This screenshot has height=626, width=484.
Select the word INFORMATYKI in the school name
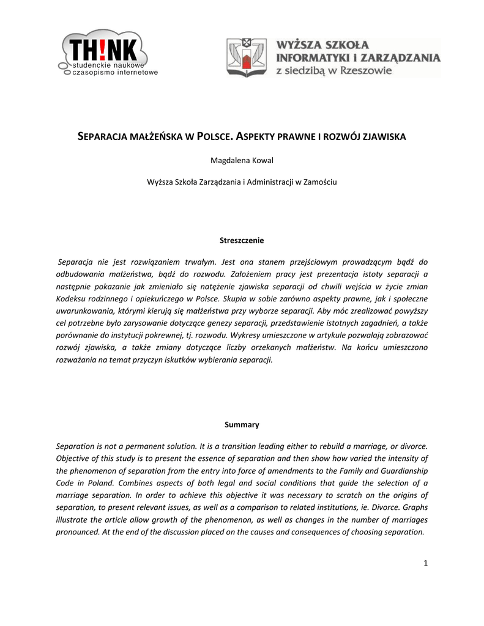coord(316,58)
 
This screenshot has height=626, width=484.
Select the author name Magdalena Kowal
coord(242,161)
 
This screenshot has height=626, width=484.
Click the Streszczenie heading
coord(242,240)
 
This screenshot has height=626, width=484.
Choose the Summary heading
coord(242,424)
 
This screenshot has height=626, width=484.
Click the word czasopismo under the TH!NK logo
coord(87,72)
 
